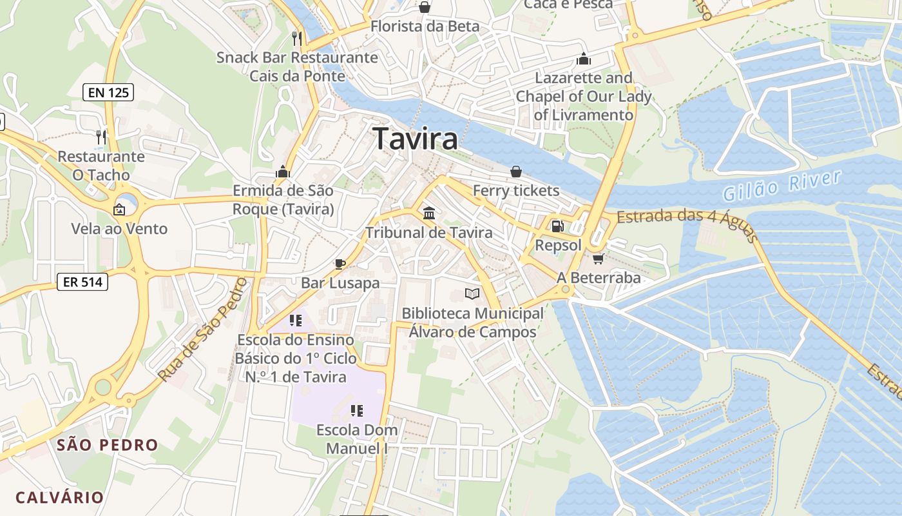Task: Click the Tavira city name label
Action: [x=415, y=139]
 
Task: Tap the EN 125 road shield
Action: [x=108, y=92]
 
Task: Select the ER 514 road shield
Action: [x=82, y=281]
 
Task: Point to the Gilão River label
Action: [x=782, y=185]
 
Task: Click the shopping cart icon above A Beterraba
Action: [x=598, y=259]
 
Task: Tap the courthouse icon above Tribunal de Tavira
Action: [x=428, y=213]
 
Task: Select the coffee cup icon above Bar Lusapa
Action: [x=340, y=263]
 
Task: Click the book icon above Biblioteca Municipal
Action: [x=472, y=294]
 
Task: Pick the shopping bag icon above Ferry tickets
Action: [x=515, y=171]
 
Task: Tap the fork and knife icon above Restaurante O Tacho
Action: [x=101, y=137]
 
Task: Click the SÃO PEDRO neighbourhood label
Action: [x=107, y=444]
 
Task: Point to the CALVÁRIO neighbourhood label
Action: [x=59, y=497]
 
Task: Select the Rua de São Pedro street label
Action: [x=202, y=330]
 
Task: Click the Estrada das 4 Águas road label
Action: [x=687, y=223]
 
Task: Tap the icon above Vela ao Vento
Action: [x=119, y=209]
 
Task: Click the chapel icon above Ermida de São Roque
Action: [x=282, y=172]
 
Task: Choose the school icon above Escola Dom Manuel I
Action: [x=357, y=410]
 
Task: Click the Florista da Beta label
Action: [x=425, y=26]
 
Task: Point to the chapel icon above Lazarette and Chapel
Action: [x=584, y=59]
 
